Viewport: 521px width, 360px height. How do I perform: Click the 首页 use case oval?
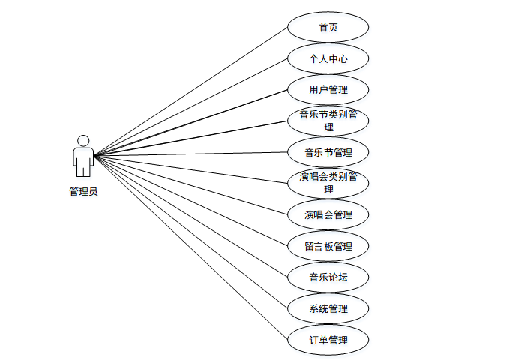(328, 27)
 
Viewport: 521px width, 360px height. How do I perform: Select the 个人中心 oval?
(328, 58)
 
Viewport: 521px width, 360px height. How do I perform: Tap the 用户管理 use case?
(328, 90)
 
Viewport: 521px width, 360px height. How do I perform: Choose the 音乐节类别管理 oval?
(328, 121)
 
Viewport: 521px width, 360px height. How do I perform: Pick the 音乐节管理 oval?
(328, 152)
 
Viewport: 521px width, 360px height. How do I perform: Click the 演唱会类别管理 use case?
(328, 183)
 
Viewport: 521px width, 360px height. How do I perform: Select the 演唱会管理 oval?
(328, 214)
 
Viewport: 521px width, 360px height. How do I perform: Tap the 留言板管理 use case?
(328, 246)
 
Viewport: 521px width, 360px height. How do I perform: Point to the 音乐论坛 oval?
(328, 277)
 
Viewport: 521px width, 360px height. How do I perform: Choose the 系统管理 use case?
(328, 308)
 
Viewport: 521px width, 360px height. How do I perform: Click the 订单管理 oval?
(328, 340)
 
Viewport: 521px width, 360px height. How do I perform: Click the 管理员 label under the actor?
(83, 191)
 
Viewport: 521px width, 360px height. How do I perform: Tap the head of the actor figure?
(83, 140)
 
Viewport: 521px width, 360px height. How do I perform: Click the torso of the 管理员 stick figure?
(83, 157)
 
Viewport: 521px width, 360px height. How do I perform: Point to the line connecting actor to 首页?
(191, 91)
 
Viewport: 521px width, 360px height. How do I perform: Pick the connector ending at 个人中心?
(191, 106)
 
